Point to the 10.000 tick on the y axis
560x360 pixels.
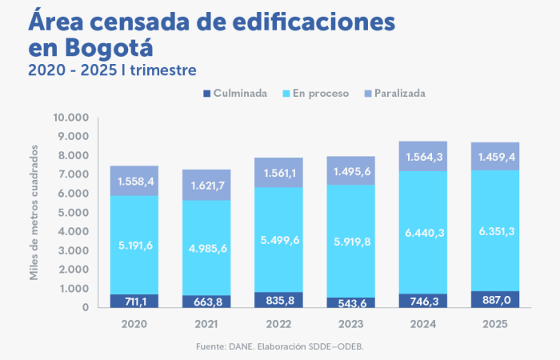[70, 118]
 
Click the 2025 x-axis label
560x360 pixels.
[496, 323]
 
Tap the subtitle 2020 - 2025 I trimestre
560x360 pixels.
[112, 70]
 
